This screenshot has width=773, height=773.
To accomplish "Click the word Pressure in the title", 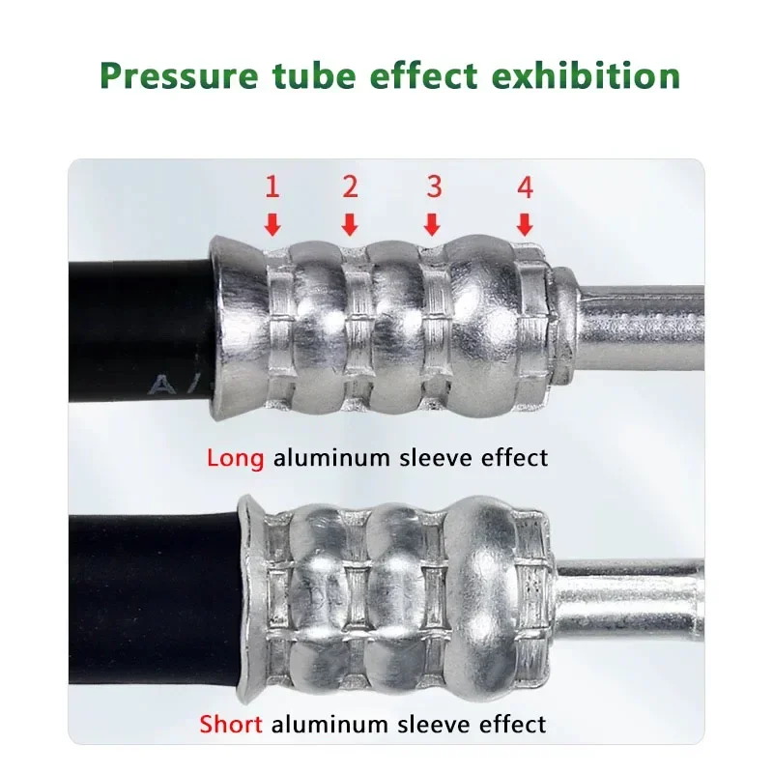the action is coord(179,75).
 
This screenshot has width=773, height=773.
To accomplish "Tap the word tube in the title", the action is coord(314,75).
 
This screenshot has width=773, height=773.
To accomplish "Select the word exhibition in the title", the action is coord(586,75).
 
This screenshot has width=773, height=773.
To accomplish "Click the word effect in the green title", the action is coord(423,75).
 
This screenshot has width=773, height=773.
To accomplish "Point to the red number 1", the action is coord(272,186).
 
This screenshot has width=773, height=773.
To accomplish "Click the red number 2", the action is coord(350,186).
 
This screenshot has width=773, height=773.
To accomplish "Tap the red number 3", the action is coord(434,186).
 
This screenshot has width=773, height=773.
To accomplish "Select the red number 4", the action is coord(526,187).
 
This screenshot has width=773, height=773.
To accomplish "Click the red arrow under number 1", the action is coord(272,225).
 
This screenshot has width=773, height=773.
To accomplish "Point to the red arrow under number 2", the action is coord(350,225).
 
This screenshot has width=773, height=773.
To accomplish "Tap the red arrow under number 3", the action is coord(432,225).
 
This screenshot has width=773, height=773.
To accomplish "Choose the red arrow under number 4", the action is coord(525,225).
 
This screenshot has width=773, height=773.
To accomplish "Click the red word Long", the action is coord(235,458).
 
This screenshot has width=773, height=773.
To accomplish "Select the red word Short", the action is coord(231,725).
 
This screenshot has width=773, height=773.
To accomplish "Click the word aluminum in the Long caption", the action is coord(331,457).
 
